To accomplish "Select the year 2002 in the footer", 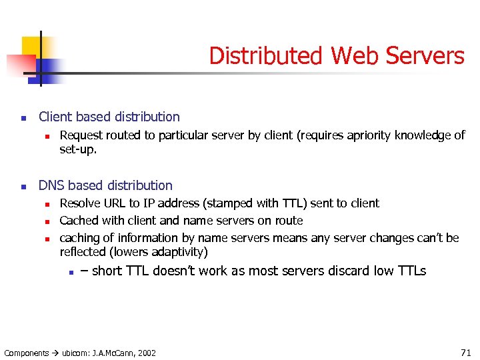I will pos(147,353).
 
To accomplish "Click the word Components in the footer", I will pos(27,353).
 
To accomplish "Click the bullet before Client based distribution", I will pos(23,119).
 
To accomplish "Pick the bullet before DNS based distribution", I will pos(23,187).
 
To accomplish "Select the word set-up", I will pos(78,150).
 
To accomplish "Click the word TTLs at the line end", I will pos(411,271).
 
